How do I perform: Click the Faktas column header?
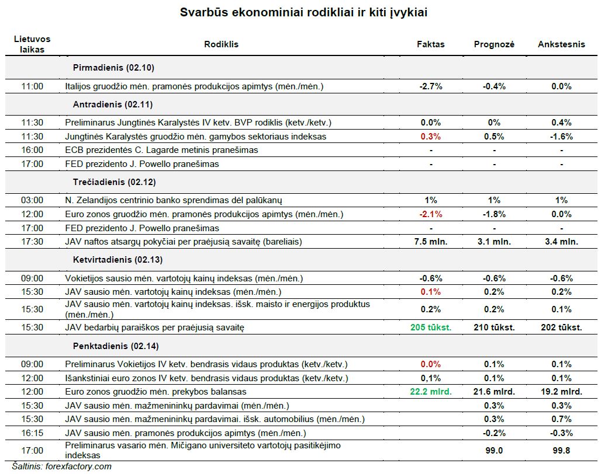tap(430, 44)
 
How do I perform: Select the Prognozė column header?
tap(494, 44)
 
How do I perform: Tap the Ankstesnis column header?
tap(561, 44)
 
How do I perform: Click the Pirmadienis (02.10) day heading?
tap(113, 68)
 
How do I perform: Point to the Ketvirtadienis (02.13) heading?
tap(118, 259)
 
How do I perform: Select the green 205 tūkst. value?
tap(431, 327)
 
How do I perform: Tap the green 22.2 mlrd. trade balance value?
tap(431, 392)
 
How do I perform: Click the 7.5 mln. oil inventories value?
tap(431, 242)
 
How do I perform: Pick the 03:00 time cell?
tap(32, 200)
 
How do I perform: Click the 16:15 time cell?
tap(32, 433)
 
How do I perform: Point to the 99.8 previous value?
tap(561, 451)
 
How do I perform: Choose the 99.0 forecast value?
tap(494, 451)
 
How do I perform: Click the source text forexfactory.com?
tap(78, 466)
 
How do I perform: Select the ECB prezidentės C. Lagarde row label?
tap(161, 150)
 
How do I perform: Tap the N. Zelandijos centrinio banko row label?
tap(173, 200)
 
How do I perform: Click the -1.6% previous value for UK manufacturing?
tap(561, 137)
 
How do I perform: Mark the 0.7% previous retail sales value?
tap(561, 419)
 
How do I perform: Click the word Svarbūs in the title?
tap(204, 12)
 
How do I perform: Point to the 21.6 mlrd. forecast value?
tap(494, 392)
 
